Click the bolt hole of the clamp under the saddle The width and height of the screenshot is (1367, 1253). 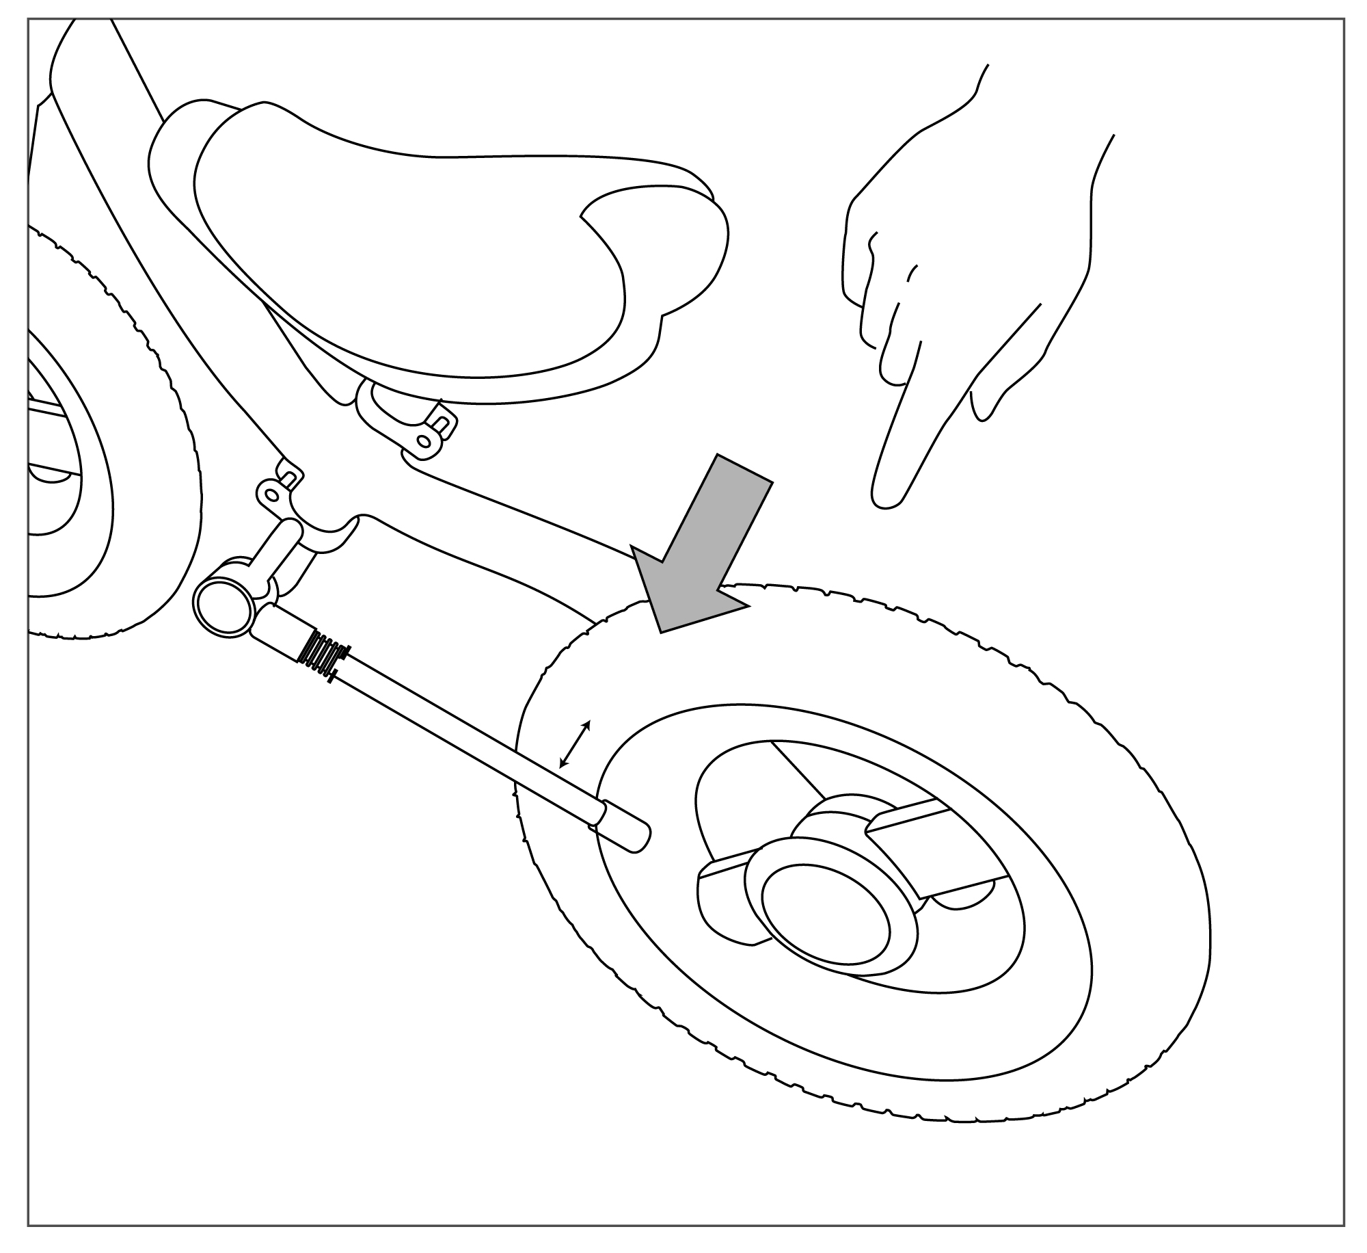(425, 442)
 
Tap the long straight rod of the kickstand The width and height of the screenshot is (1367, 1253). (465, 735)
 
